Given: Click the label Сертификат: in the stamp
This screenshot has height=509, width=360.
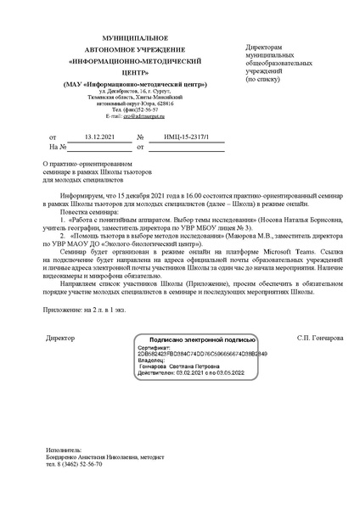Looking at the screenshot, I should pos(154,347).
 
